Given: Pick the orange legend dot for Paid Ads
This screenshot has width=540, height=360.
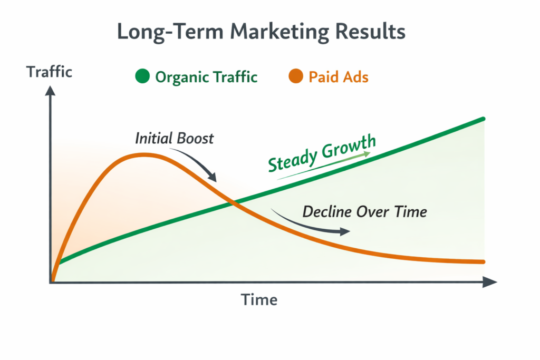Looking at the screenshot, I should coord(296,77).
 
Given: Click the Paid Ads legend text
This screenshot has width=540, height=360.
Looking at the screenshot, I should coord(338,77).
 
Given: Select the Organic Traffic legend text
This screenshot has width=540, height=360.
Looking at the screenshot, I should coord(206,77).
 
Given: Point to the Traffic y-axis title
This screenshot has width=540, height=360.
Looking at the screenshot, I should coord(50,72).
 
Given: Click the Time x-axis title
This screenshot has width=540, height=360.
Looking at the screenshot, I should coord(259,300).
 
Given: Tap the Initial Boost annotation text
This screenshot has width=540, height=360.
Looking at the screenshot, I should coord(175,139).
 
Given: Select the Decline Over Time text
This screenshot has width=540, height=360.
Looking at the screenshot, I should coord(364,212).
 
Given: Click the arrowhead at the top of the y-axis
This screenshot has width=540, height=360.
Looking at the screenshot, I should coord(51,91).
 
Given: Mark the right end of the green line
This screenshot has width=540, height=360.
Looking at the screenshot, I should coord(483,120).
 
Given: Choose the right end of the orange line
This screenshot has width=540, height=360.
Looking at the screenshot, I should coord(482,261).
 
